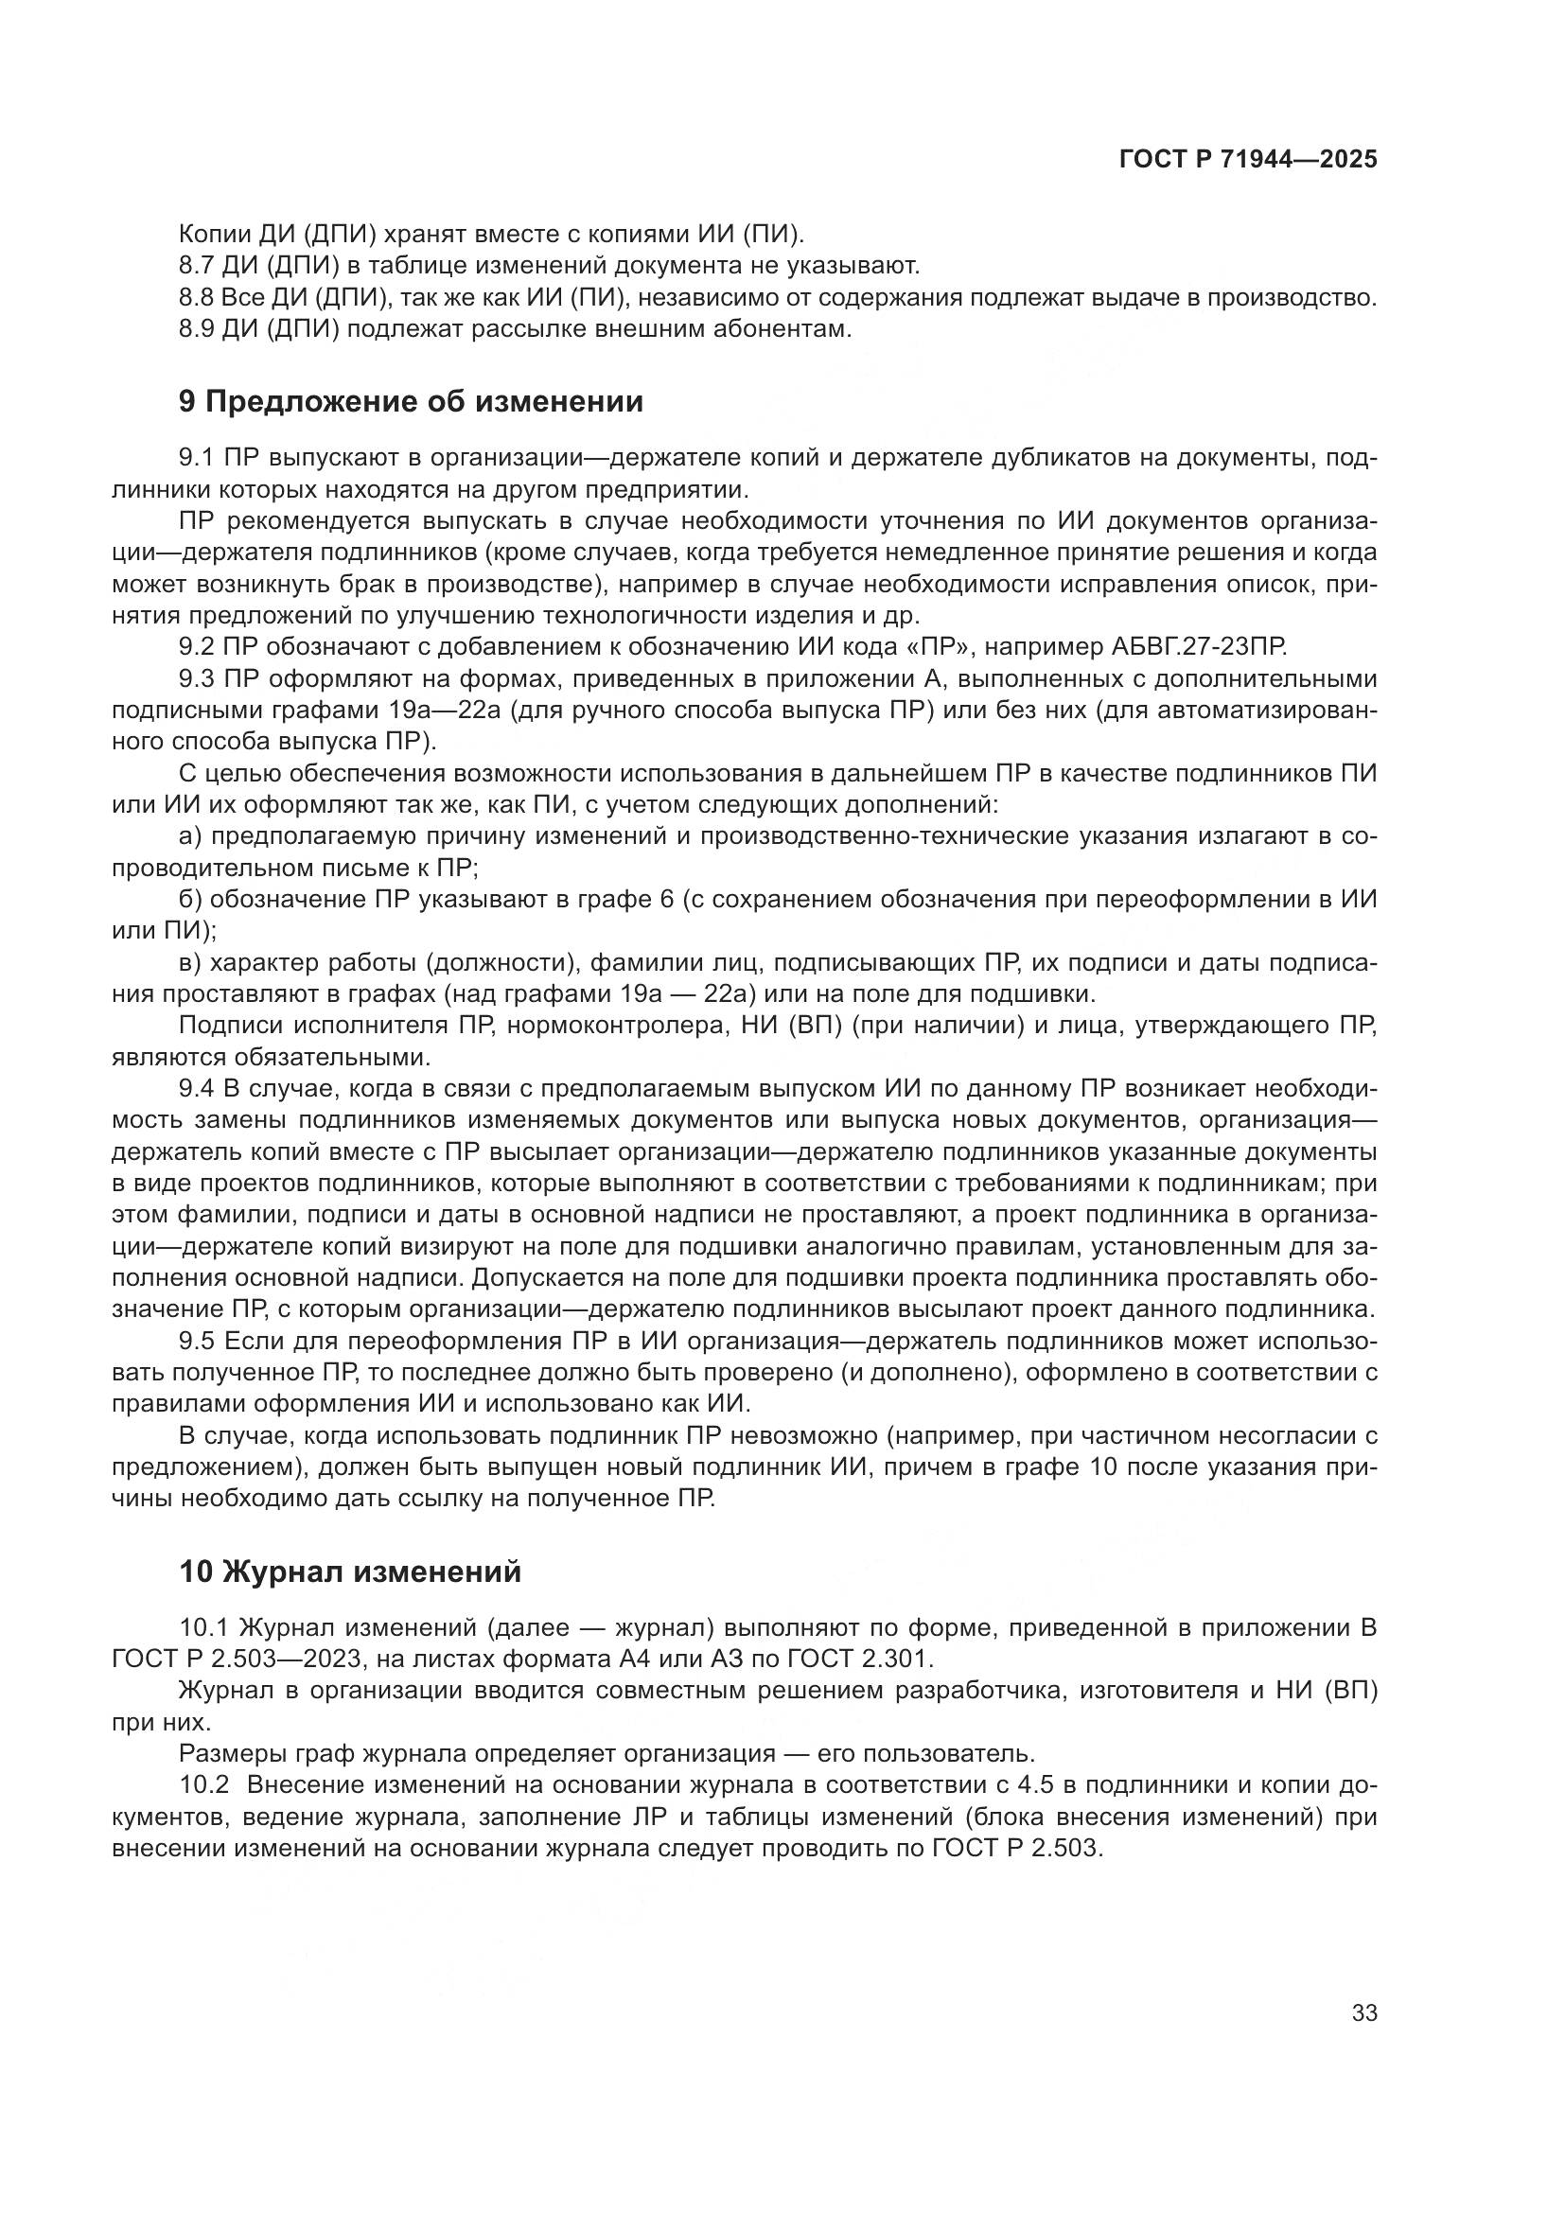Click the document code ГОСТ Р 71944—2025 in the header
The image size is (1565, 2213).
point(1248,160)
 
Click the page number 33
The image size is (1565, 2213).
point(1364,2013)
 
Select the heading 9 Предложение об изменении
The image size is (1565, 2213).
point(411,401)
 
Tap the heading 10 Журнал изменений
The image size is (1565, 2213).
point(350,1572)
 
